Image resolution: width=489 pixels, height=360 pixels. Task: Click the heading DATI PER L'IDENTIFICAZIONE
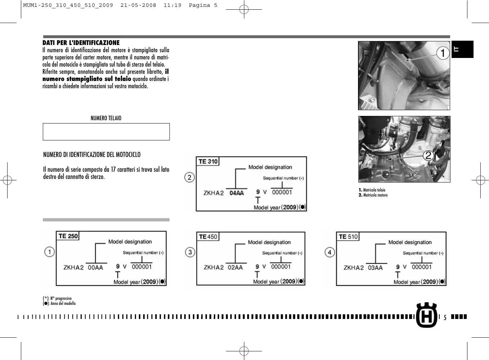pyautogui.click(x=81, y=43)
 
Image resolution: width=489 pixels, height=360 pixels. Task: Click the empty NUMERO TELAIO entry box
pyautogui.click(x=106, y=132)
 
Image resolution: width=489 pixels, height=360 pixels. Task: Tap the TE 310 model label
pyautogui.click(x=208, y=162)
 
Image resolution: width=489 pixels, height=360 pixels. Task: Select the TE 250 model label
pyautogui.click(x=68, y=236)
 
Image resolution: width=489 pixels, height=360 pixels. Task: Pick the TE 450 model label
pyautogui.click(x=208, y=237)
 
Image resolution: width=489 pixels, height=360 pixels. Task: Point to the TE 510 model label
pyautogui.click(x=348, y=237)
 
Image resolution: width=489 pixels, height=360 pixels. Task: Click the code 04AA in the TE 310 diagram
pyautogui.click(x=236, y=193)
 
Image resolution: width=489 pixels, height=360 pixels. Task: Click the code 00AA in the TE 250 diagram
pyautogui.click(x=95, y=267)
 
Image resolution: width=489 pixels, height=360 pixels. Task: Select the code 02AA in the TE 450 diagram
pyautogui.click(x=235, y=267)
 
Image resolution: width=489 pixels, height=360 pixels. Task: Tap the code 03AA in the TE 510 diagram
pyautogui.click(x=375, y=268)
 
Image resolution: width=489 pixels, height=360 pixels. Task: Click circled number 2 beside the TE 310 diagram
pyautogui.click(x=190, y=177)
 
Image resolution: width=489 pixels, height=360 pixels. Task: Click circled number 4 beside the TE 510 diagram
pyautogui.click(x=330, y=252)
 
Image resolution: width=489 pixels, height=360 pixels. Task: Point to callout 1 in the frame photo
pyautogui.click(x=443, y=53)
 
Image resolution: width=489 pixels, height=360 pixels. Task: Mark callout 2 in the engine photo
pyautogui.click(x=428, y=156)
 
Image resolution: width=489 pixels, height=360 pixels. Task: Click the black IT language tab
pyautogui.click(x=462, y=49)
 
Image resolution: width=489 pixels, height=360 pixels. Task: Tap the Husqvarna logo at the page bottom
pyautogui.click(x=426, y=315)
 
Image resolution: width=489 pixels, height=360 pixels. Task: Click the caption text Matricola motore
pyautogui.click(x=375, y=195)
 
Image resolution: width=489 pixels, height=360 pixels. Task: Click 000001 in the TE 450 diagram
pyautogui.click(x=281, y=267)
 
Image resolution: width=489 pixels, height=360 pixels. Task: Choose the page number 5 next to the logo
pyautogui.click(x=445, y=318)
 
